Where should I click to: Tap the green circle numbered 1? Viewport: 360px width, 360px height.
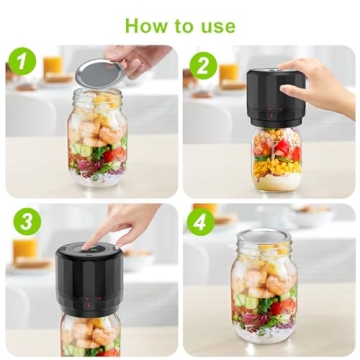point(23,62)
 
